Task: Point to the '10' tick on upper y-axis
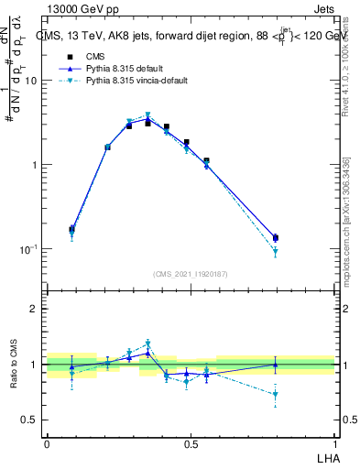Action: pyautogui.click(x=31, y=81)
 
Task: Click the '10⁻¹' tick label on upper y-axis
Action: pyautogui.click(x=28, y=249)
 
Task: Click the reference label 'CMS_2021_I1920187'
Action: pyautogui.click(x=191, y=273)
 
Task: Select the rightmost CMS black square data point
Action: pyautogui.click(x=276, y=238)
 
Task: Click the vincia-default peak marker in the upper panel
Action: pyautogui.click(x=147, y=115)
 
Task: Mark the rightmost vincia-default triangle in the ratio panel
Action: pyautogui.click(x=276, y=395)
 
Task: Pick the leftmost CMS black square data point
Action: pyautogui.click(x=71, y=229)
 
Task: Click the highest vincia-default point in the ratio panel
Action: pyautogui.click(x=147, y=344)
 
